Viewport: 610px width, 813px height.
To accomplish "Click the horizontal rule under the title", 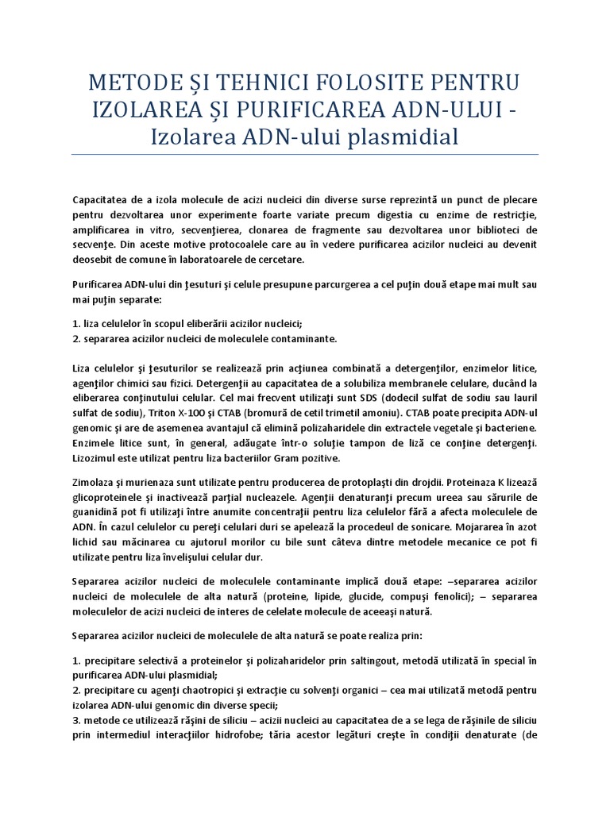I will tap(305, 154).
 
